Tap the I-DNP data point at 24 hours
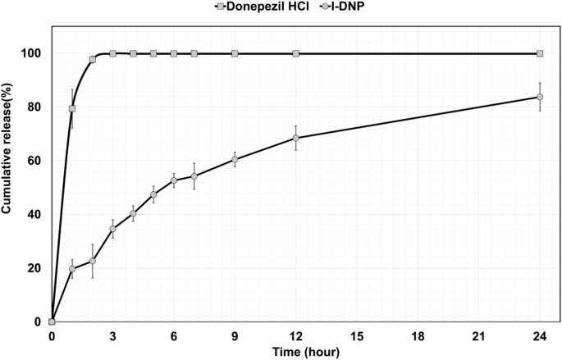(540, 97)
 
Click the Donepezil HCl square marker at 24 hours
(540, 53)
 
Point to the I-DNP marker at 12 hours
(295, 138)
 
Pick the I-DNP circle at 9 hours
(235, 159)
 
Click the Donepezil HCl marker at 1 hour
(72, 109)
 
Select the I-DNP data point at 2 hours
(93, 261)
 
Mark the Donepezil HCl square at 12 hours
(295, 53)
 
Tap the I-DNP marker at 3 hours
(112, 229)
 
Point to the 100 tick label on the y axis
(33, 53)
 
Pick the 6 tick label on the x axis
(174, 335)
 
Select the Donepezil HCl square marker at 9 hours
(235, 53)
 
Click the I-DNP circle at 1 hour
(72, 268)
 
